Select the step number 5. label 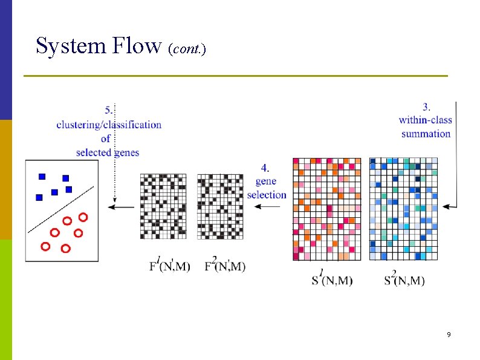point(109,110)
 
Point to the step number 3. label point(426,107)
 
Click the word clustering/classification point(109,125)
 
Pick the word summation point(426,133)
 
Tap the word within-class point(426,120)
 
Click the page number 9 point(449,335)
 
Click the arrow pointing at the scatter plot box point(122,207)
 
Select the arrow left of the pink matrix point(267,207)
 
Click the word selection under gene point(267,195)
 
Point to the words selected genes point(108,152)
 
